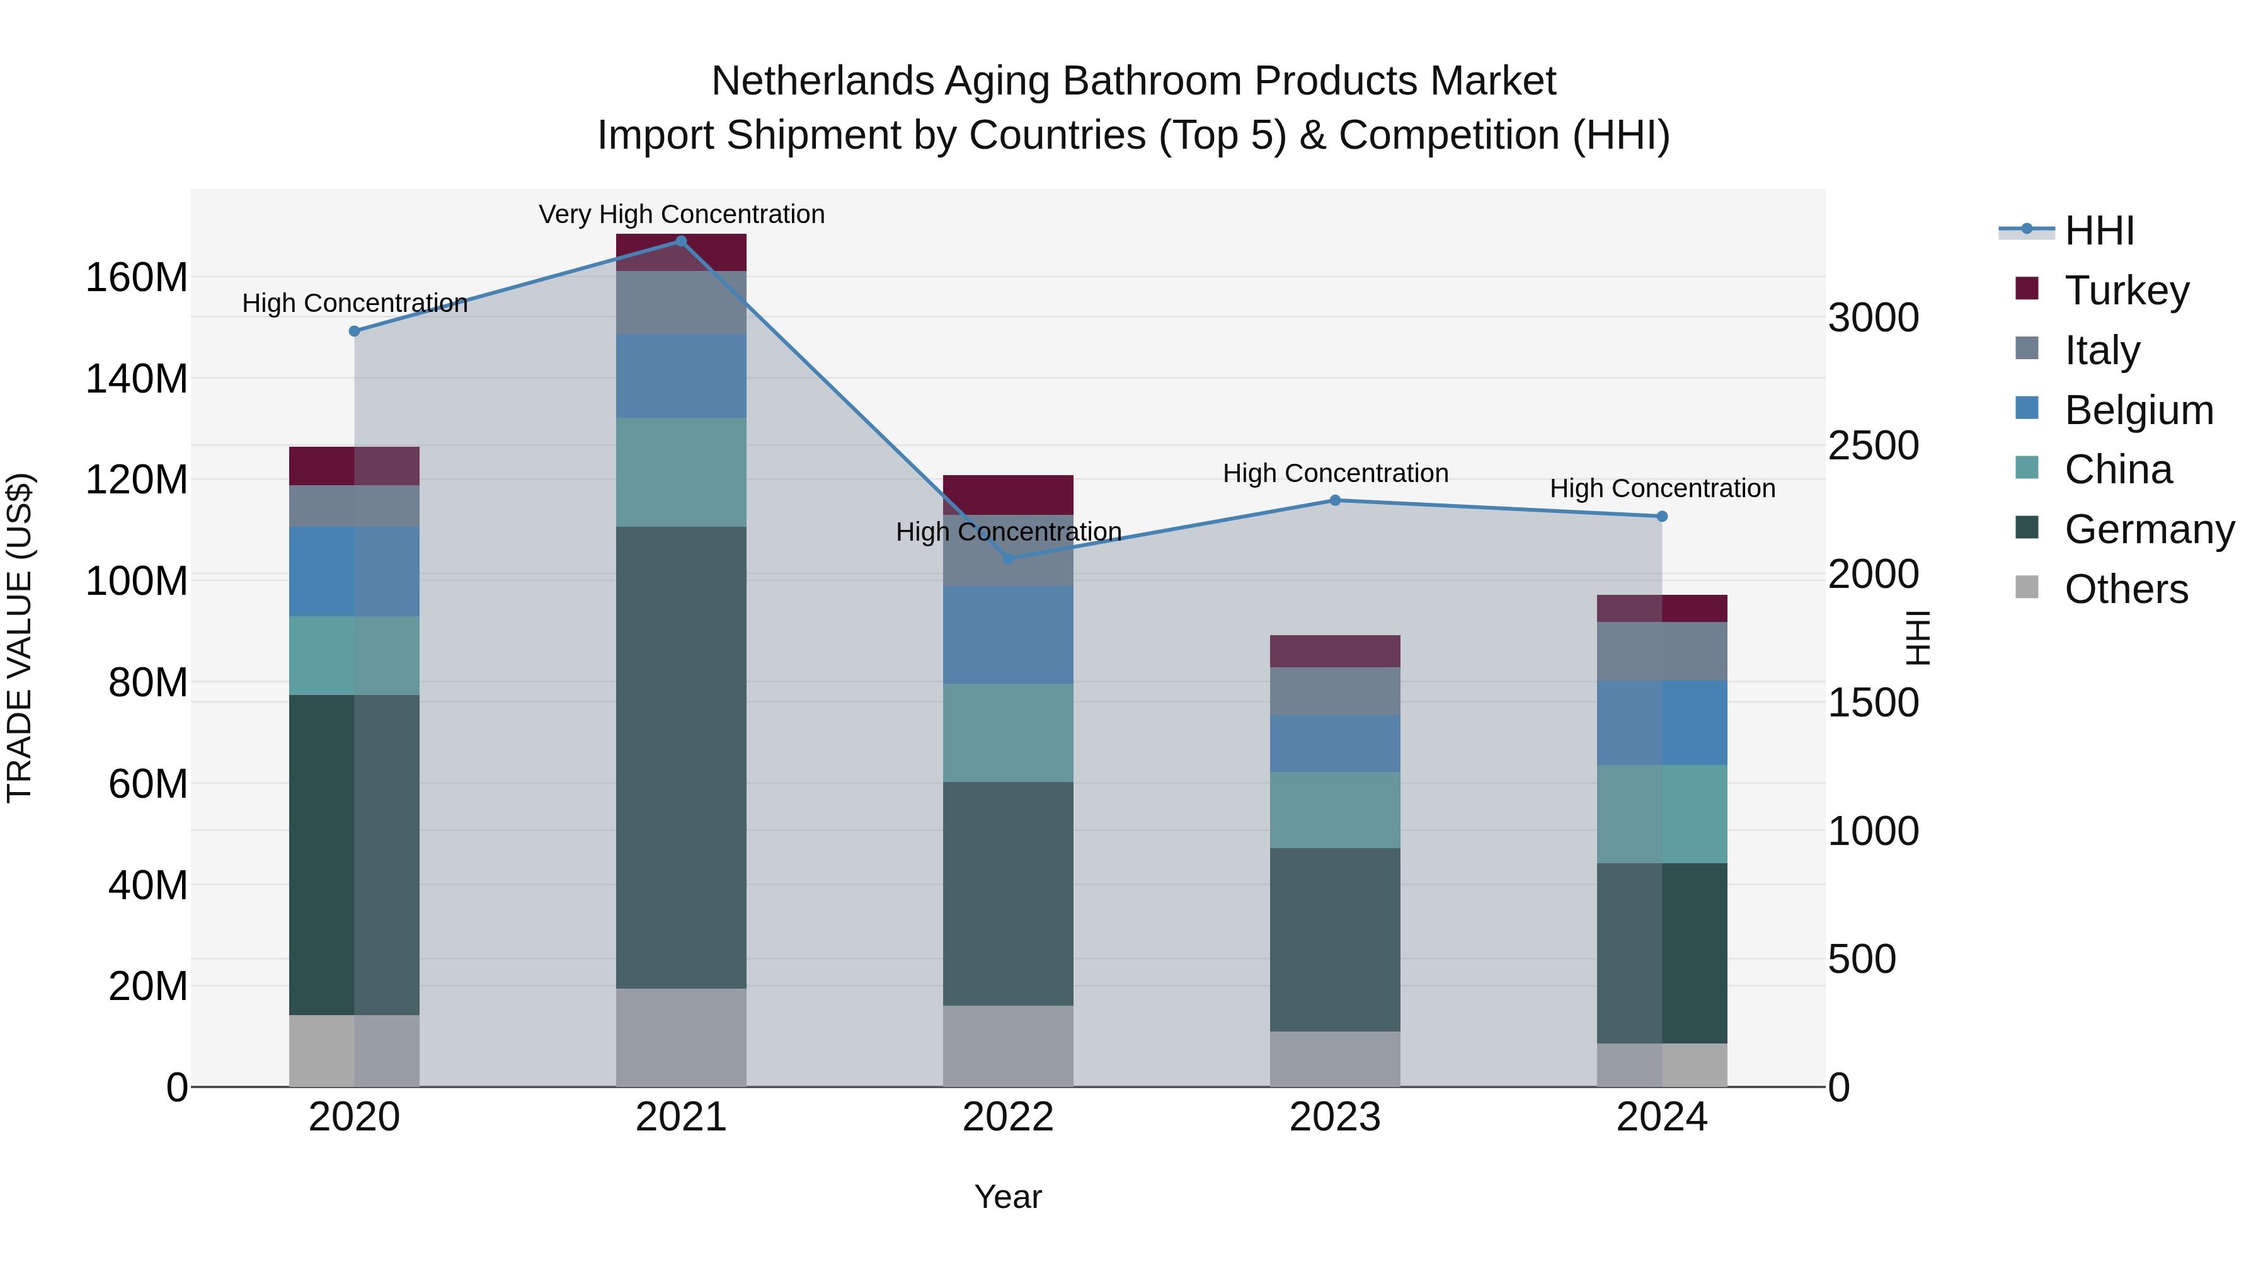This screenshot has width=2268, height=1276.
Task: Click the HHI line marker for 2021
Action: [680, 241]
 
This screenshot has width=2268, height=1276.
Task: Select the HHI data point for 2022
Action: [1008, 558]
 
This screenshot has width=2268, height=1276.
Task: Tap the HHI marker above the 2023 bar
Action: [1335, 500]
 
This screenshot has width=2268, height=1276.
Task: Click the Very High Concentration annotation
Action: [682, 215]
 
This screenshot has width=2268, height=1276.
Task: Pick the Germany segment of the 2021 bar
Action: [680, 757]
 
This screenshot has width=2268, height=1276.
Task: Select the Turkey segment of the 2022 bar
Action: [1008, 494]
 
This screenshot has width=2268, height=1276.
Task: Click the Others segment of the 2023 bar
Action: [1335, 1059]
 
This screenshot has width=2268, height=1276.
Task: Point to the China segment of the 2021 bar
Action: [680, 472]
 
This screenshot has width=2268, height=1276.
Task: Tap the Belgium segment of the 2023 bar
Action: [1335, 744]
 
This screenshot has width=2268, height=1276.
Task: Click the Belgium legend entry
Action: [2138, 410]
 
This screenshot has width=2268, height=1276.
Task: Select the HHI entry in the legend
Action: [2099, 231]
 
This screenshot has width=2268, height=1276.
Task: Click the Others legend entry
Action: [2126, 589]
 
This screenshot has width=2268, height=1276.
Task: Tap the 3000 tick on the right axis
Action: [1874, 318]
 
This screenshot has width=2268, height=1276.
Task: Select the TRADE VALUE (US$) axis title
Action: [20, 638]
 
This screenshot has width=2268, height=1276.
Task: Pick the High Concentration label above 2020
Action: [355, 304]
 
